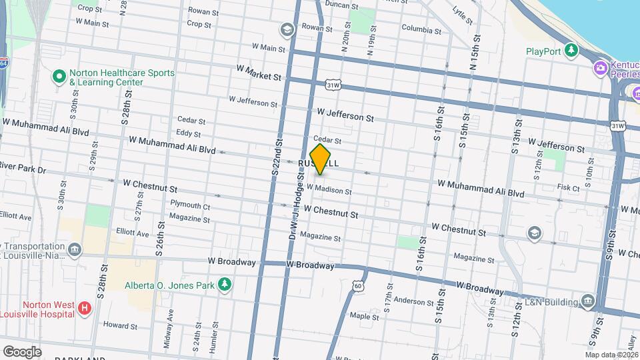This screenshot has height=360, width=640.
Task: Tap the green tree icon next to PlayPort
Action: point(571,51)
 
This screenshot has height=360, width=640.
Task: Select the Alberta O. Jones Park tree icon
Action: point(225,285)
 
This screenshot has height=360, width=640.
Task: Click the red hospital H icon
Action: point(84,308)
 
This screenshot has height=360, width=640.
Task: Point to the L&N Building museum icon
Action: point(587,302)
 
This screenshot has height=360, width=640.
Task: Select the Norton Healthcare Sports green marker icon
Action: point(59,77)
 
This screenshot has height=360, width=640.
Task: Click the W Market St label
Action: point(259,73)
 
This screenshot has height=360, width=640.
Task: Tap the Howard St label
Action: point(120,326)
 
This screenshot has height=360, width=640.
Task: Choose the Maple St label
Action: point(364,315)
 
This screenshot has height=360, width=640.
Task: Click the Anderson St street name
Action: point(414,301)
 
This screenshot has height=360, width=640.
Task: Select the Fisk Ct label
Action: point(568,189)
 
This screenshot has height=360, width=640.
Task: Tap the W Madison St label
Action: point(329,190)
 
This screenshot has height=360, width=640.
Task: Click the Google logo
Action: point(21,351)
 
